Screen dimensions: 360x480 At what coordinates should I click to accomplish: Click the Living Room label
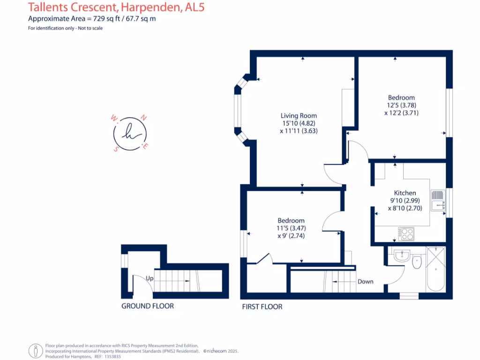click(x=299, y=116)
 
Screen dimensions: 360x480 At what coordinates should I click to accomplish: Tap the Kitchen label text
click(x=405, y=193)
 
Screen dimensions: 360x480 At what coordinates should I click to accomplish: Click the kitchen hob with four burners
click(x=405, y=233)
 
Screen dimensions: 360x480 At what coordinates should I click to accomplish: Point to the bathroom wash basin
click(x=402, y=256)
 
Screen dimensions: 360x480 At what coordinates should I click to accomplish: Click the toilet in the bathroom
click(x=417, y=262)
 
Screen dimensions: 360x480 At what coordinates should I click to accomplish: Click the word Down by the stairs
click(x=365, y=282)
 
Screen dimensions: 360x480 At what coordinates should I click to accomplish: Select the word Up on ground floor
click(x=149, y=278)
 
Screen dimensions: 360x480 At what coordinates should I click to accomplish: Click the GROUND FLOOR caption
click(x=147, y=306)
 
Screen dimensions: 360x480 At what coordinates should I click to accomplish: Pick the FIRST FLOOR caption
click(x=262, y=307)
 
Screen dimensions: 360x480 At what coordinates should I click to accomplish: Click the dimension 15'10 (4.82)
click(x=299, y=123)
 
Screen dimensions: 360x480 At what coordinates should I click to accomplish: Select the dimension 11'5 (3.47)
click(x=291, y=228)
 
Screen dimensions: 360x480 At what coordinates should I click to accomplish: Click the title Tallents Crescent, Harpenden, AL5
click(x=116, y=7)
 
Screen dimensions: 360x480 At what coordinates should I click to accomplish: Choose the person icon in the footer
click(x=36, y=351)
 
